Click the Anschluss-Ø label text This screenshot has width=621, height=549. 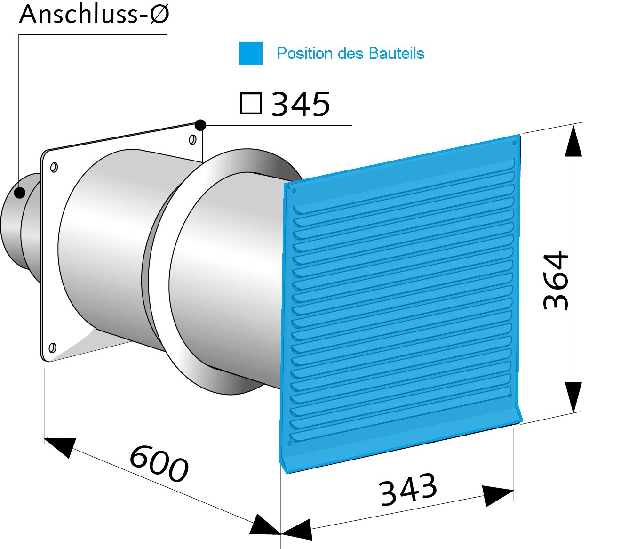click(x=94, y=14)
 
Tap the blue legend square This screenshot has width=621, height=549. click(x=251, y=53)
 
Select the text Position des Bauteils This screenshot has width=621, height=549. click(x=350, y=53)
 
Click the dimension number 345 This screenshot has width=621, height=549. click(x=301, y=104)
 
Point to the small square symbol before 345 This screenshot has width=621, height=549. click(x=251, y=104)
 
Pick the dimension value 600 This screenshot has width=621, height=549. click(x=159, y=464)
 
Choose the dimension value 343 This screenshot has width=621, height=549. click(x=408, y=490)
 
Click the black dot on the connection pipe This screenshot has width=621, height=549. click(x=20, y=193)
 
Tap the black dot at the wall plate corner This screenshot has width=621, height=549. click(x=200, y=125)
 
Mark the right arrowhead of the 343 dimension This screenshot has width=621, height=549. click(x=499, y=496)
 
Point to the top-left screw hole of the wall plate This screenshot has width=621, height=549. click(x=54, y=167)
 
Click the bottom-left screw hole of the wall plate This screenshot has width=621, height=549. click(x=52, y=348)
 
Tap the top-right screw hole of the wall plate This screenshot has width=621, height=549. click(x=192, y=140)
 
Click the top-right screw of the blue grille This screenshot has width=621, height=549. click(x=514, y=143)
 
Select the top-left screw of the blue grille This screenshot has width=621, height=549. click(x=294, y=191)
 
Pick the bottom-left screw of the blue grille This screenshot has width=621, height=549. click(x=290, y=443)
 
